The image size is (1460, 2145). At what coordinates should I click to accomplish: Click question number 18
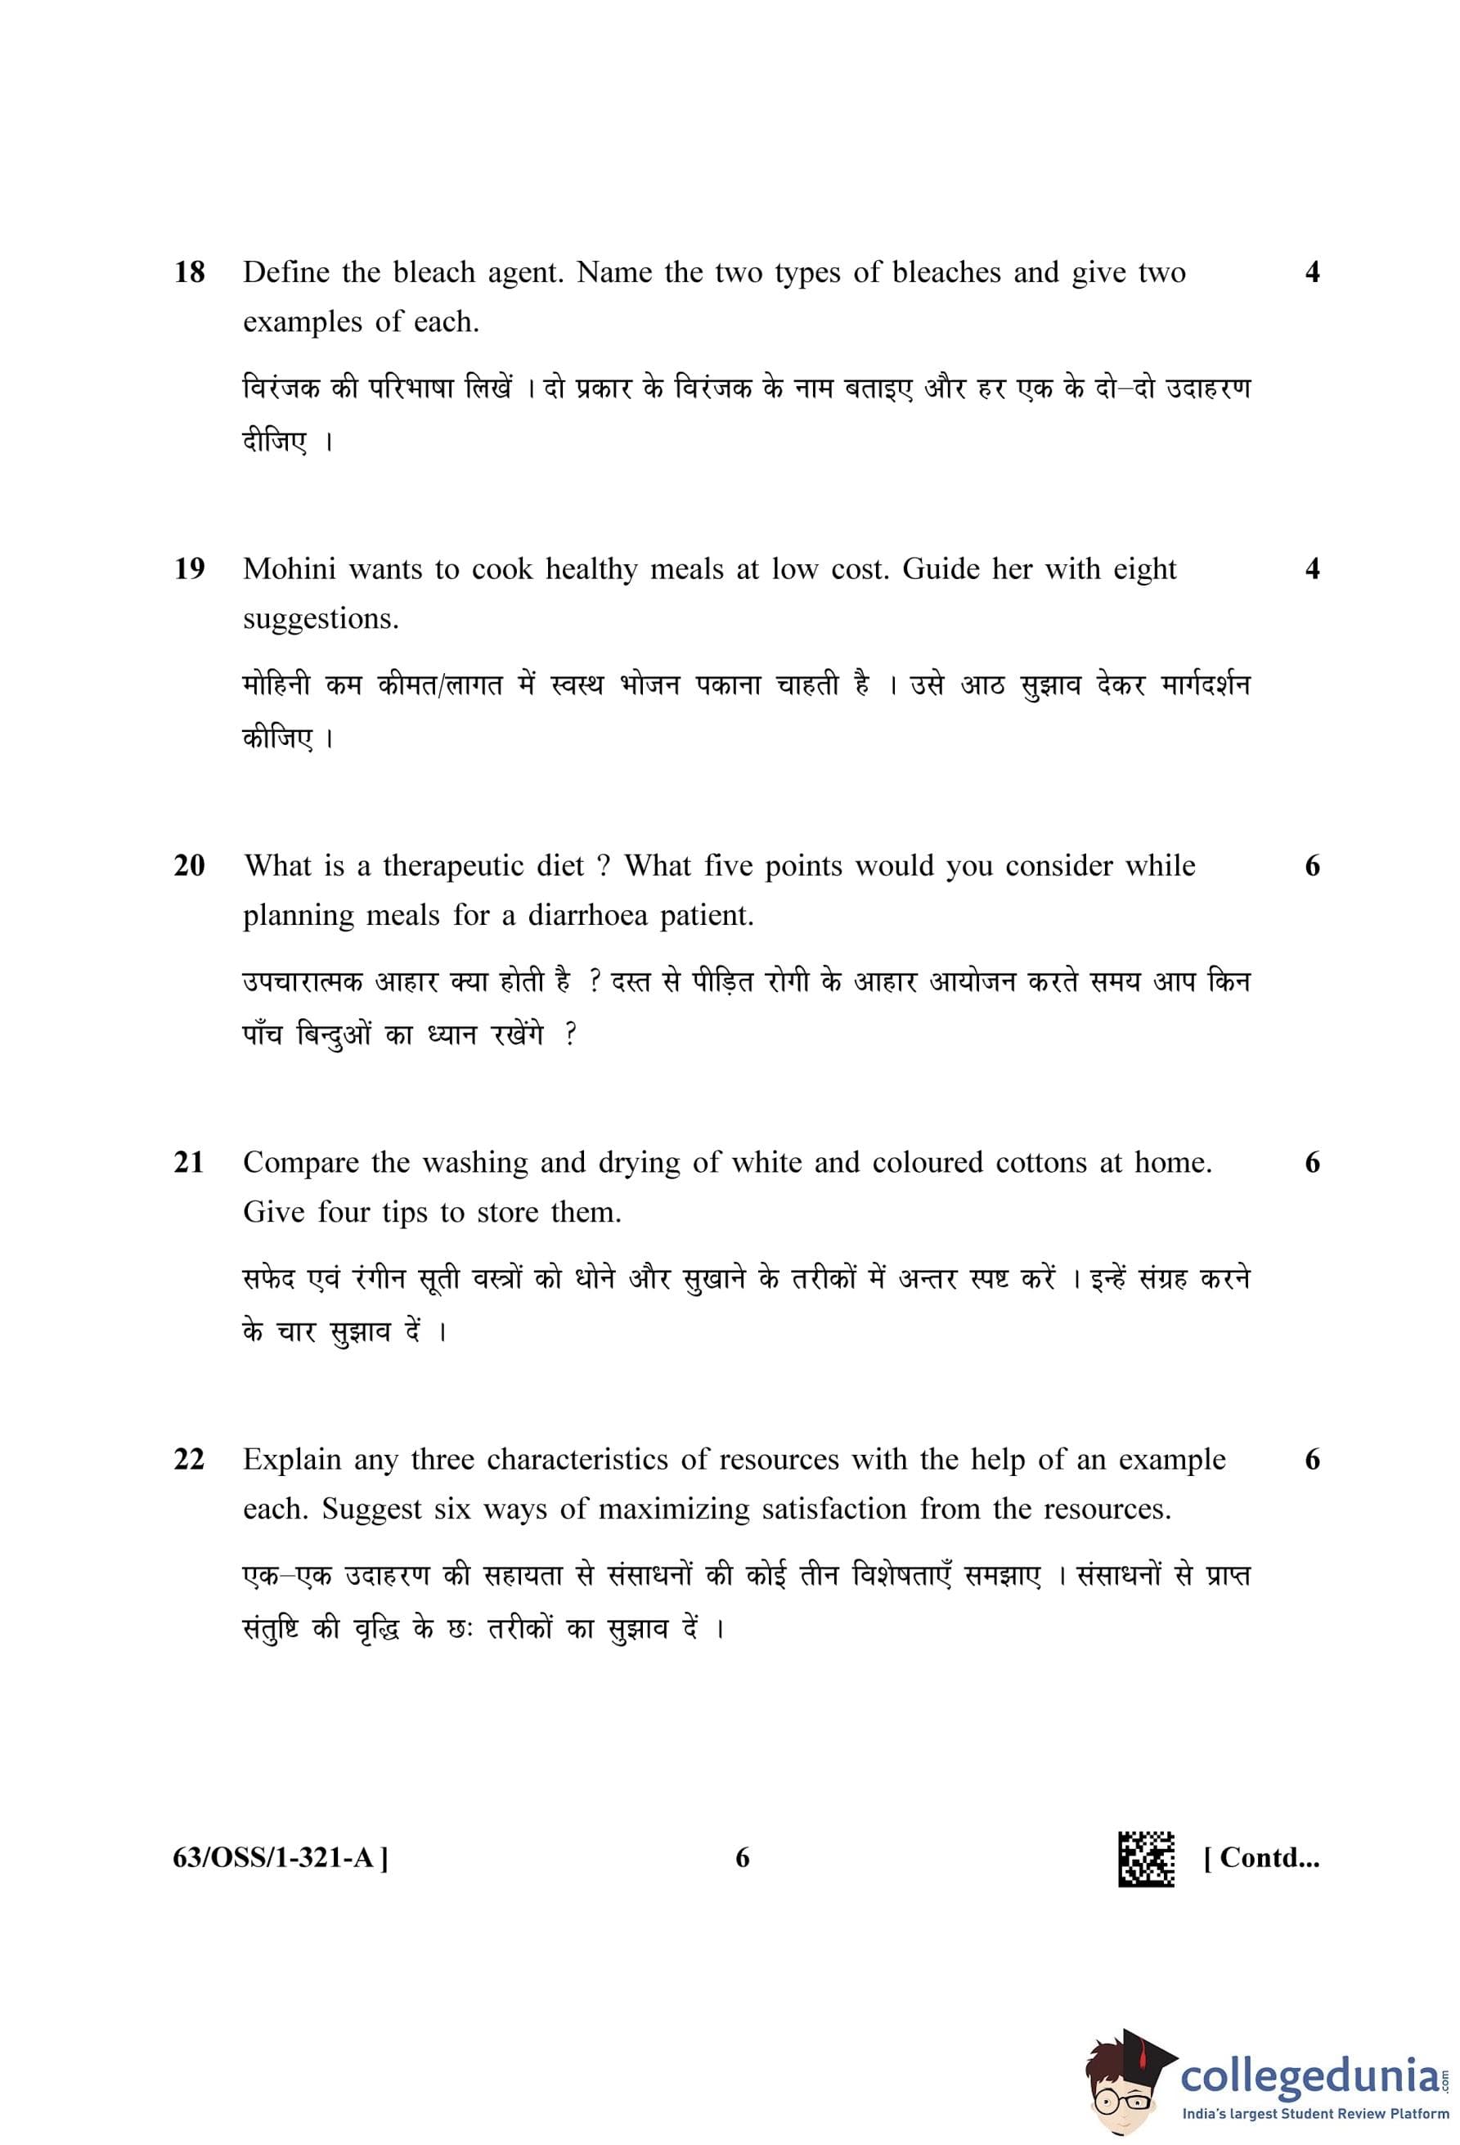189,273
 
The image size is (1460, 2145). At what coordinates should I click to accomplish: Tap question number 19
189,569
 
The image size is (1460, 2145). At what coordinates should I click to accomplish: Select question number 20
189,867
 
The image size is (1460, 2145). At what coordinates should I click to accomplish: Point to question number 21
189,1163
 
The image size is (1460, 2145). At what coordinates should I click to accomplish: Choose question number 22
189,1461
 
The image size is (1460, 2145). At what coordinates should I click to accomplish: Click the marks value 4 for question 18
1312,273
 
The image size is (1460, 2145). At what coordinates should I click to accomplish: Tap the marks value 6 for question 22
1312,1461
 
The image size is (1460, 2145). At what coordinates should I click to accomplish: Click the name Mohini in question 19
289,569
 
